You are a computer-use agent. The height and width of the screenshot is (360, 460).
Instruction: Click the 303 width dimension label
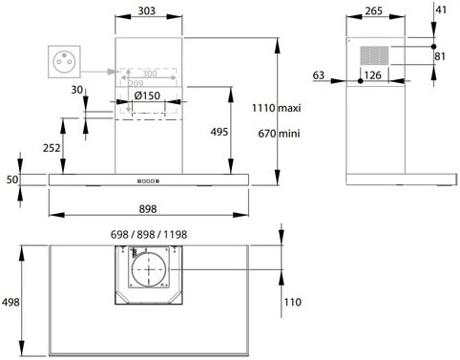pyautogui.click(x=147, y=11)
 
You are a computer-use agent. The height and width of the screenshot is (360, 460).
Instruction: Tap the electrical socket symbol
pyautogui.click(x=64, y=62)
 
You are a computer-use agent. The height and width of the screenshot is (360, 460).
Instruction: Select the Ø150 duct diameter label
pyautogui.click(x=147, y=95)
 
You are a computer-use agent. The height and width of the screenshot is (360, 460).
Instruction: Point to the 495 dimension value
pyautogui.click(x=220, y=132)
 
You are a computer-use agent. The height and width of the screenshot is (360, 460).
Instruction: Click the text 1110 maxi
pyautogui.click(x=276, y=108)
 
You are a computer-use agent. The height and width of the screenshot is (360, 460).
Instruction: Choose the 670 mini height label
pyautogui.click(x=279, y=133)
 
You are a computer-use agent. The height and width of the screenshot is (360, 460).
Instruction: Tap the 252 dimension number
pyautogui.click(x=52, y=148)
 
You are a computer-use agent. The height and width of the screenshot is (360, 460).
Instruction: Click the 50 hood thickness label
pyautogui.click(x=12, y=180)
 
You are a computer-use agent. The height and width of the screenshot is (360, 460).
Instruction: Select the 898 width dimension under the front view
pyautogui.click(x=148, y=209)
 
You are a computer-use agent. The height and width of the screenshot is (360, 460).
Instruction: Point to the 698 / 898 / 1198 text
pyautogui.click(x=149, y=235)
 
